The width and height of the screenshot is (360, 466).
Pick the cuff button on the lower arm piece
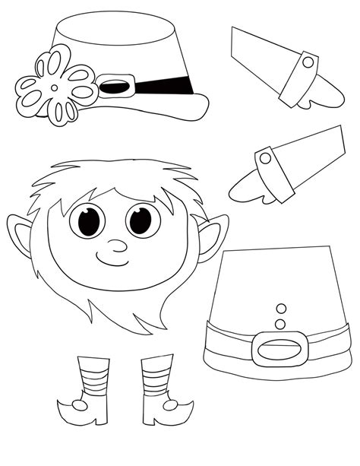[x=265, y=157]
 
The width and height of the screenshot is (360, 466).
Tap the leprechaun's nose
[x=116, y=246]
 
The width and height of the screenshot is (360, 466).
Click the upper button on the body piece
[x=279, y=308]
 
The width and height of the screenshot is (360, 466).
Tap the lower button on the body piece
[x=280, y=322]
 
